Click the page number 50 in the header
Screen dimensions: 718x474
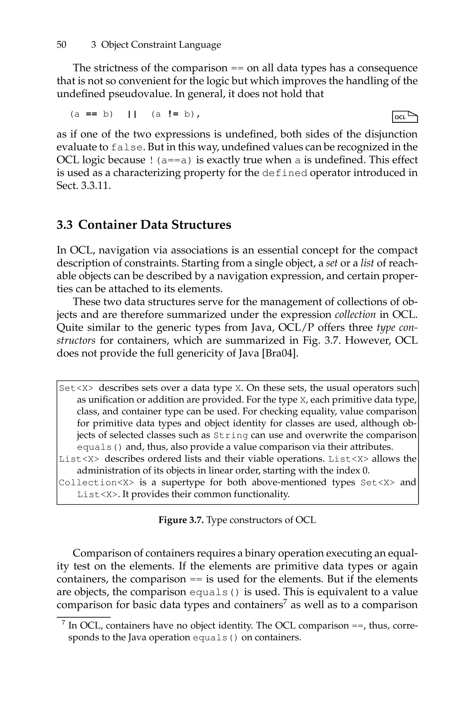tap(61, 45)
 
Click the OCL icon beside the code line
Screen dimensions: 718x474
tap(405, 117)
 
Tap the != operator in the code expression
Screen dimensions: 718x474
tap(172, 114)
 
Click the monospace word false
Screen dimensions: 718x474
tap(126, 148)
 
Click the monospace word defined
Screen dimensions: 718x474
tap(285, 173)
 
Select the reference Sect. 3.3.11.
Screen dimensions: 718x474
tap(83, 186)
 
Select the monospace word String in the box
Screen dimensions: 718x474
tap(231, 436)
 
